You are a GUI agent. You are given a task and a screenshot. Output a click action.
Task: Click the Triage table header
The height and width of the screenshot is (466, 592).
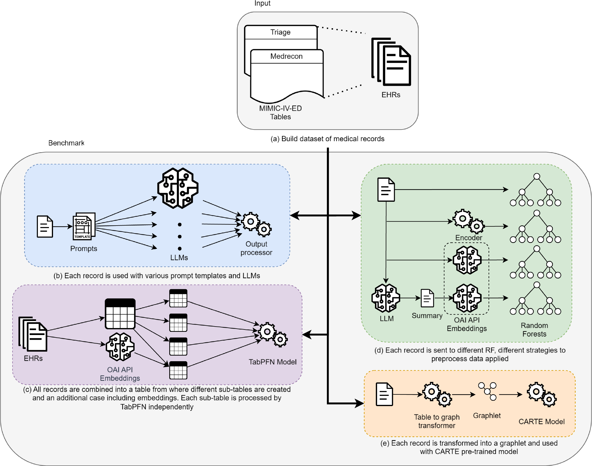point(281,32)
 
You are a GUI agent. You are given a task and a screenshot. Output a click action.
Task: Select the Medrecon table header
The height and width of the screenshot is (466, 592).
point(287,56)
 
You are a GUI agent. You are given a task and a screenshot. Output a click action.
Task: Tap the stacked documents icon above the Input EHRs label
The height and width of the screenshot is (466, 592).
point(391,62)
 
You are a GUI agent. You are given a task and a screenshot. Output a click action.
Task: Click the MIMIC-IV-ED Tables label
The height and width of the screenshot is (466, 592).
point(280,113)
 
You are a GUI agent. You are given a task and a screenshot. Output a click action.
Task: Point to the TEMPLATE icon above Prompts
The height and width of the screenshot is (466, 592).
point(84,226)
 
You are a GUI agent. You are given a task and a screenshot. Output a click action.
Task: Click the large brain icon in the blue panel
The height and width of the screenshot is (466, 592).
point(178,188)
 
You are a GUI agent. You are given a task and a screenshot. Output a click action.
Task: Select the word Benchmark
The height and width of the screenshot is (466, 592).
point(66,143)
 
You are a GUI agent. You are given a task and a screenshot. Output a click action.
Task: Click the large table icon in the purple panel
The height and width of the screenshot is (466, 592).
point(120,313)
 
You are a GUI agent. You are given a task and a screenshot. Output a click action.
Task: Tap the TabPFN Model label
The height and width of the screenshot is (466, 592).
point(272,362)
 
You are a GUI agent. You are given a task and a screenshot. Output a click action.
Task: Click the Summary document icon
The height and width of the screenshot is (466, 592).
point(427,298)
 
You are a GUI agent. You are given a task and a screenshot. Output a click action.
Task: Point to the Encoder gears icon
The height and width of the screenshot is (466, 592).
point(468,221)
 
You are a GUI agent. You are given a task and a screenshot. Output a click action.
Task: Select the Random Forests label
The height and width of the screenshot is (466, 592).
point(534,330)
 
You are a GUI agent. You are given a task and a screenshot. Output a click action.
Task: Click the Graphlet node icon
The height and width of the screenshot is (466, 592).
point(487,391)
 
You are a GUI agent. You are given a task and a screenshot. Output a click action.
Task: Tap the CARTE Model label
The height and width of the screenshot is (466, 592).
point(541,421)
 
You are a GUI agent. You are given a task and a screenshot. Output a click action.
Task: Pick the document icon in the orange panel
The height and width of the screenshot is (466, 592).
point(384,394)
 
